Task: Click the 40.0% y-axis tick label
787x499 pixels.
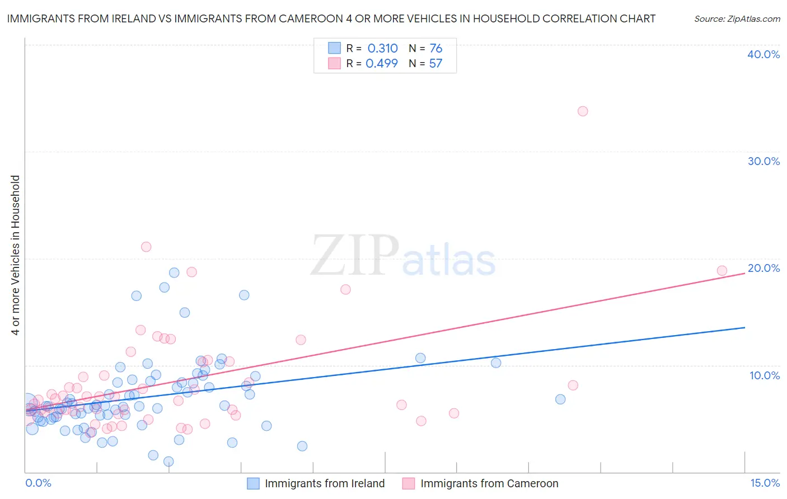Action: coord(763,54)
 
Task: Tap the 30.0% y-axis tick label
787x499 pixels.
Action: coord(763,161)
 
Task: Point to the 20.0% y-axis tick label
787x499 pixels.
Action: coord(763,268)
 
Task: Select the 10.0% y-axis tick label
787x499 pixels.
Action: coord(765,375)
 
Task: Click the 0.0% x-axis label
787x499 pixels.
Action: coord(38,483)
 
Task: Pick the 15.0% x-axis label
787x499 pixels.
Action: coord(765,483)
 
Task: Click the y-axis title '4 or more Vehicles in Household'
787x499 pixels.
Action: coord(16,255)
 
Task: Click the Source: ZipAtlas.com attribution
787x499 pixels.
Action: coord(737,18)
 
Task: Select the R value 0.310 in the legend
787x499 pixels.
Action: coord(382,48)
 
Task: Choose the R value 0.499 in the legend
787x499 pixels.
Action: coord(381,63)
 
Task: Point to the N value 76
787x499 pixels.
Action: coord(435,48)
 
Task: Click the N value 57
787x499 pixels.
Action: coord(435,63)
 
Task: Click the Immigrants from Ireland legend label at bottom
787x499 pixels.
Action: coord(325,483)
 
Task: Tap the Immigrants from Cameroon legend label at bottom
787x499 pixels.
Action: coord(489,483)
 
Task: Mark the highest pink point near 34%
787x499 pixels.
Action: coord(583,111)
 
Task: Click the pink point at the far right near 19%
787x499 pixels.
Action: coord(722,271)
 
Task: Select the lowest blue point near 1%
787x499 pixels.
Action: coord(168,462)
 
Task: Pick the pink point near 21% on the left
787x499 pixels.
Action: coord(146,247)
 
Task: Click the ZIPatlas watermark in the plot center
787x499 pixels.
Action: coord(403,256)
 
